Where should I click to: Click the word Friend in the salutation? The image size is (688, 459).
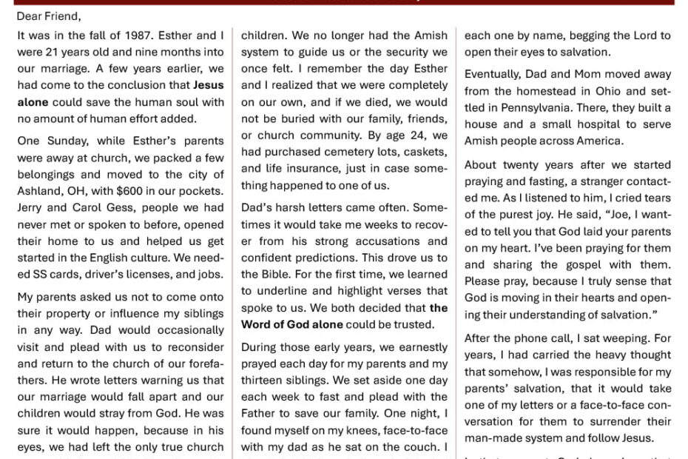coord(63,16)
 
